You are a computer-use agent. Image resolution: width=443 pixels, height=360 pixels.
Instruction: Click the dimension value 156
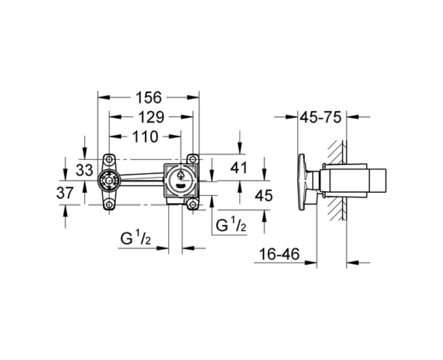(148, 97)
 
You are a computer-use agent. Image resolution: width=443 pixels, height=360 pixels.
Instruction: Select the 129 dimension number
(150, 117)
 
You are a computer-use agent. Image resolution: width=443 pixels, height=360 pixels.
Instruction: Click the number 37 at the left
(65, 193)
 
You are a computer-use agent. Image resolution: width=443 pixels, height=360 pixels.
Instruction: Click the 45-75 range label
(320, 117)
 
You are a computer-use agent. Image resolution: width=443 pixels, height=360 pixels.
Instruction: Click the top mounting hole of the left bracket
(109, 158)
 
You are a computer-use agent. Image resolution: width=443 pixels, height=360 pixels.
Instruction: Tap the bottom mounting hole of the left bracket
(109, 205)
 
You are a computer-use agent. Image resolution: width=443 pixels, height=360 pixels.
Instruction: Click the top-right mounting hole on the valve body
(193, 158)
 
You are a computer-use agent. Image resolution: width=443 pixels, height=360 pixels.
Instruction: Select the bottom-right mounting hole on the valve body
(193, 205)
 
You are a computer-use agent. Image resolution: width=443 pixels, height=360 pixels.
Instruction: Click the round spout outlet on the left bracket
(109, 181)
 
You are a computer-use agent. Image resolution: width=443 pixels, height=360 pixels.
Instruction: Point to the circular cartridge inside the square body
(179, 178)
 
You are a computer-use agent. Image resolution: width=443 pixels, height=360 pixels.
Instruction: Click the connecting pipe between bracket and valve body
(141, 178)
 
